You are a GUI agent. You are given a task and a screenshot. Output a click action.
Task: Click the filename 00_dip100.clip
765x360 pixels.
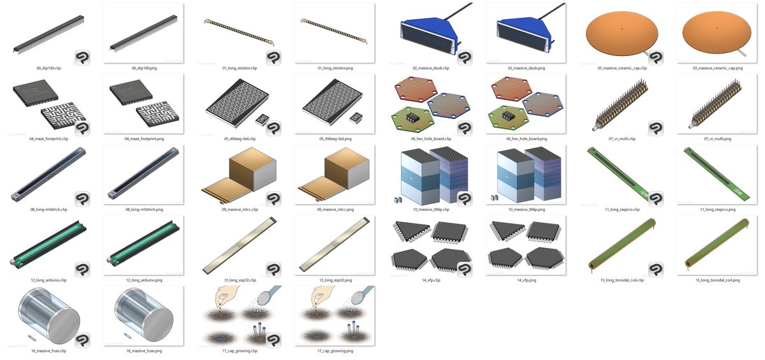point(48,68)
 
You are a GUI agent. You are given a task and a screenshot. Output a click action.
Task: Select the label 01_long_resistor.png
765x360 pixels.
point(335,68)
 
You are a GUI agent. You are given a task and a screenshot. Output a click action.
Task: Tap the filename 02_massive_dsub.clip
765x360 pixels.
point(431,68)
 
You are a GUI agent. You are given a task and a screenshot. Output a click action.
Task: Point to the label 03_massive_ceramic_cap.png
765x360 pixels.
point(718,68)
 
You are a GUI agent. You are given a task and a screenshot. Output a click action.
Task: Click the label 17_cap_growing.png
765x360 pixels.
point(335,351)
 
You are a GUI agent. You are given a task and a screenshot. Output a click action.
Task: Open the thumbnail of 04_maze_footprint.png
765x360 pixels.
point(144,104)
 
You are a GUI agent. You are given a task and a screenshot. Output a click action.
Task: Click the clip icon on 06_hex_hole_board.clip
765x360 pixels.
point(465,128)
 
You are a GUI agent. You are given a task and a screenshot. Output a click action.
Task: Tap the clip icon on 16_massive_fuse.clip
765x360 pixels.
point(82,340)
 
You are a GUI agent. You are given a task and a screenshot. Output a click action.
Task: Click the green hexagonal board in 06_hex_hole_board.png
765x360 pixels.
point(508,118)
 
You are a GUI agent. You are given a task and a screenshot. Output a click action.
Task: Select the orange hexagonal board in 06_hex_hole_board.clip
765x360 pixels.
point(416,89)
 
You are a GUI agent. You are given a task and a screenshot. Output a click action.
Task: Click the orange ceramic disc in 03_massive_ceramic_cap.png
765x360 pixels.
point(717,32)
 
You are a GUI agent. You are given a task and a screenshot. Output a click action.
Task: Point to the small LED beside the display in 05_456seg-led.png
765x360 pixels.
point(355,118)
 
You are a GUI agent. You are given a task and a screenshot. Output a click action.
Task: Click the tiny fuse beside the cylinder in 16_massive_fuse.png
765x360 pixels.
point(127,335)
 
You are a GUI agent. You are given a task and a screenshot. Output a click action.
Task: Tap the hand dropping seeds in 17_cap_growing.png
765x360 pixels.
point(323,296)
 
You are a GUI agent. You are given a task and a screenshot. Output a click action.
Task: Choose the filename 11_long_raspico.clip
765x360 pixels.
point(622,210)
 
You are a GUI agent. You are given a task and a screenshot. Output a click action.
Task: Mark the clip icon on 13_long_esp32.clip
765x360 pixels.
point(273,270)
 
